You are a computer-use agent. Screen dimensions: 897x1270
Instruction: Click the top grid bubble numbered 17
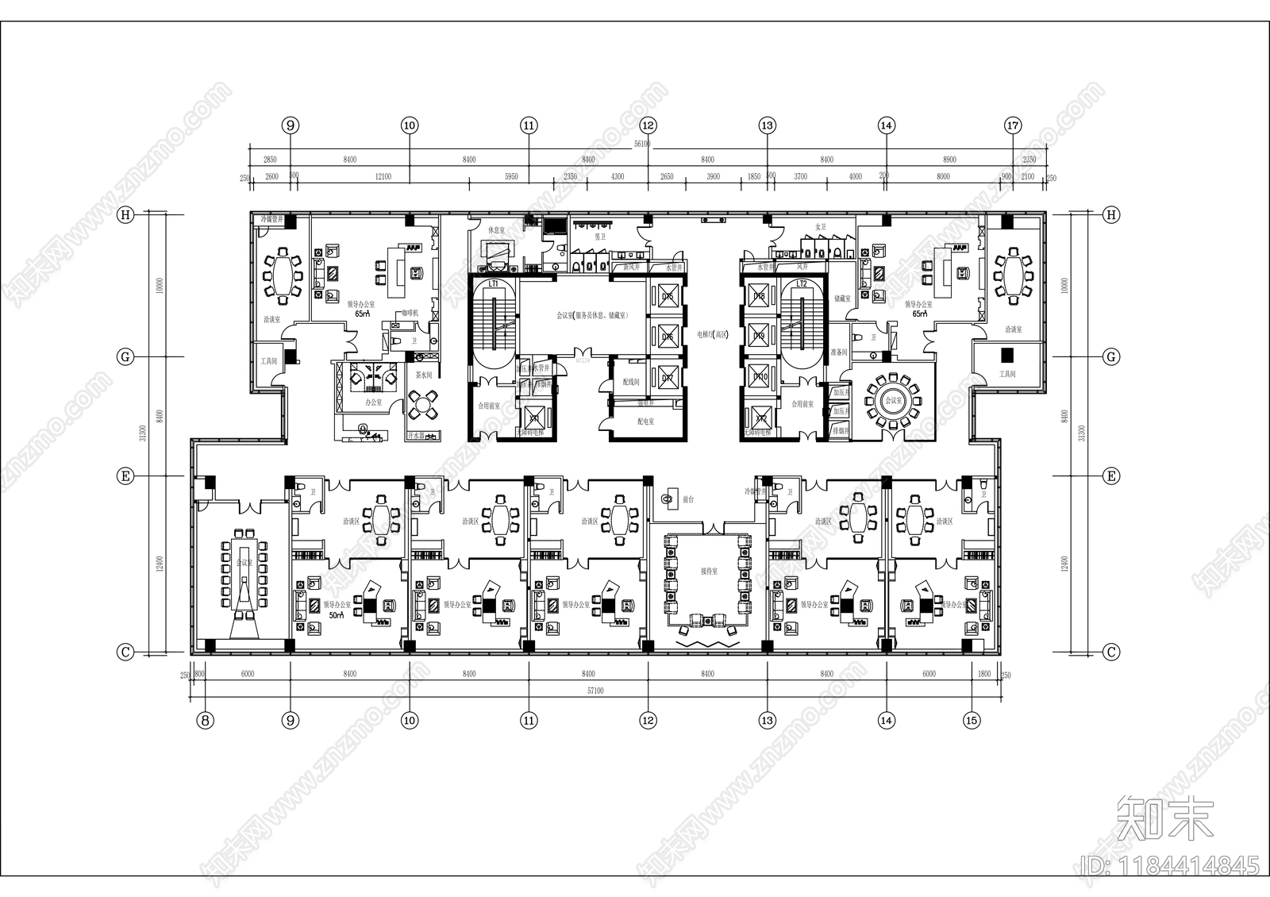(1013, 125)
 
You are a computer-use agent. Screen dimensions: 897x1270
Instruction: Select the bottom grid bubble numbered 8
(206, 721)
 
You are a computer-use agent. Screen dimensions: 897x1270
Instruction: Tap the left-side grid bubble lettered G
(125, 357)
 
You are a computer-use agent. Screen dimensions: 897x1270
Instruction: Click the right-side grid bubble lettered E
(1111, 476)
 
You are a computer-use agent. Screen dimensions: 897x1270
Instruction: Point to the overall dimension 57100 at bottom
(595, 691)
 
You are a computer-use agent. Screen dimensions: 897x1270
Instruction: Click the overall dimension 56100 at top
(641, 144)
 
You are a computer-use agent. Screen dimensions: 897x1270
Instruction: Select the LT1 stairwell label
(493, 283)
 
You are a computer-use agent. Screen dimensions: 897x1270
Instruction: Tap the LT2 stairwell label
(802, 283)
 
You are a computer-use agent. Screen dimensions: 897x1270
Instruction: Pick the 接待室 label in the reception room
(708, 572)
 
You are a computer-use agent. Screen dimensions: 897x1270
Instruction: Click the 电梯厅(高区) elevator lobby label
(712, 335)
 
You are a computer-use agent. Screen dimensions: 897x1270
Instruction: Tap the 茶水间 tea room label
(422, 375)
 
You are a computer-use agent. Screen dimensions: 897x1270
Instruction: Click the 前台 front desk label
(688, 499)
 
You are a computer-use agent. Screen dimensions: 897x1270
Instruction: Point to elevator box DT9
(759, 337)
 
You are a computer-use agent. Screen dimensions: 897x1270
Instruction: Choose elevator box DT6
(668, 337)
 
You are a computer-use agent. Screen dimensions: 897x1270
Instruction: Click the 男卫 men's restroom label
(600, 236)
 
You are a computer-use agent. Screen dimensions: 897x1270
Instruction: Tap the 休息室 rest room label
(496, 230)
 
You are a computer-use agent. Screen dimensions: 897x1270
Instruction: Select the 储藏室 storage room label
(842, 298)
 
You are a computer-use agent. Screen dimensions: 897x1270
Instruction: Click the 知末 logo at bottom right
(1165, 818)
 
